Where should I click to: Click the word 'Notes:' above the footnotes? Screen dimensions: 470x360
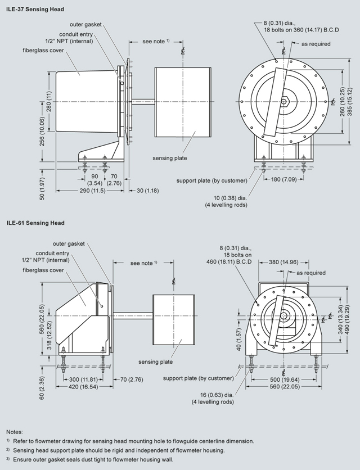point(14,431)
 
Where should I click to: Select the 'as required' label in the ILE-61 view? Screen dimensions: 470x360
point(311,273)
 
